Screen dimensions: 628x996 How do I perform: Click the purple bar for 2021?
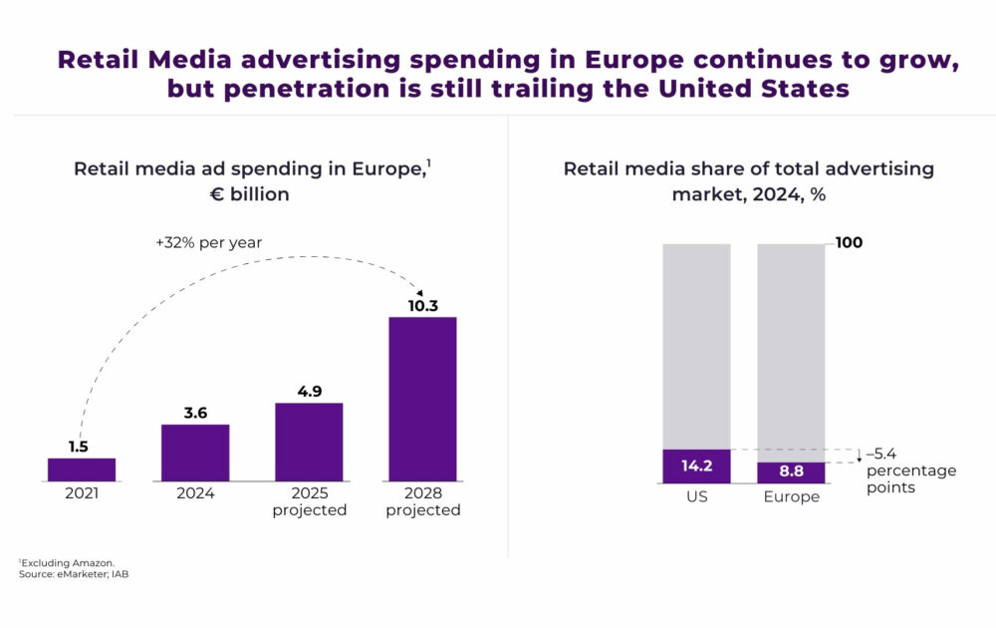click(82, 470)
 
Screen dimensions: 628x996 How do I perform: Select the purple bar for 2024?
click(195, 453)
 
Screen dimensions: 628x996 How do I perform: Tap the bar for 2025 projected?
click(309, 442)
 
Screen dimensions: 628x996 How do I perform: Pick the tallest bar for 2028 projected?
click(422, 399)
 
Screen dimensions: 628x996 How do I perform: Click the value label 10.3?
click(422, 306)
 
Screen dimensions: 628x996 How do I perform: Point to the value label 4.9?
click(309, 392)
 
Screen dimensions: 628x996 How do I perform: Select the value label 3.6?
click(195, 413)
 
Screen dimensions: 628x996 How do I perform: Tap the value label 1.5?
click(79, 447)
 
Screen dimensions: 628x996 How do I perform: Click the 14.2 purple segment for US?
click(696, 466)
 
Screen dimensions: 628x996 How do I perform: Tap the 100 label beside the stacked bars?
click(849, 243)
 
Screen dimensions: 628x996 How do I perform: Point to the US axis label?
click(696, 496)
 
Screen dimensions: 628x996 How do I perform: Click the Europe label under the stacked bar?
click(791, 496)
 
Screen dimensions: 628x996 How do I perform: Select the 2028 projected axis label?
click(422, 502)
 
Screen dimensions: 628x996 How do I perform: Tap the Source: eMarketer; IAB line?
click(73, 575)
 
